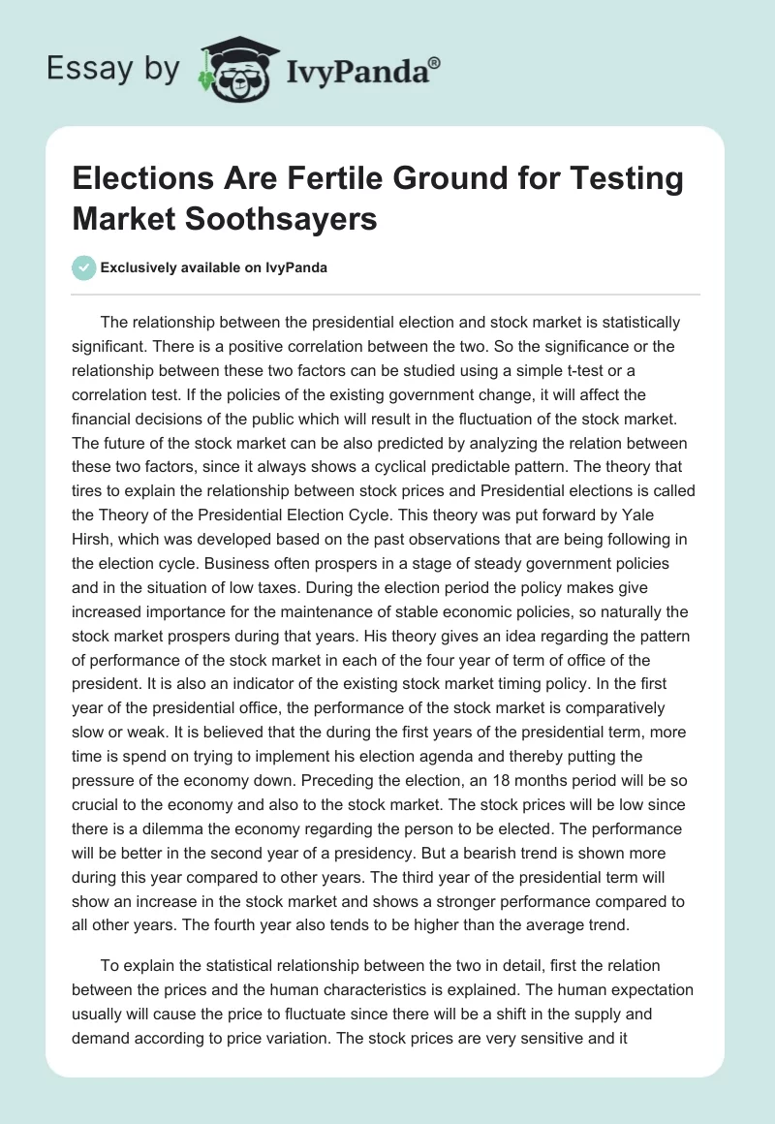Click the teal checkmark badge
[84, 267]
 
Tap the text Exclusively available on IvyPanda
[213, 267]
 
